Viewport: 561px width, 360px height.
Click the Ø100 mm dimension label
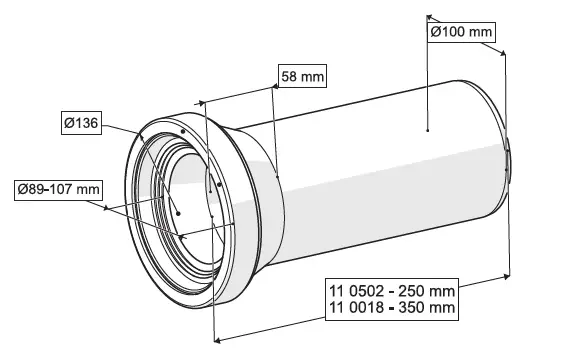(x=461, y=32)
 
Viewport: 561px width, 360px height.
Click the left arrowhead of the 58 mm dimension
(x=203, y=100)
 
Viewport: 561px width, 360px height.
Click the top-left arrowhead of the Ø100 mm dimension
(x=429, y=17)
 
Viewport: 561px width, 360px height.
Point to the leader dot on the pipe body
(x=427, y=130)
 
